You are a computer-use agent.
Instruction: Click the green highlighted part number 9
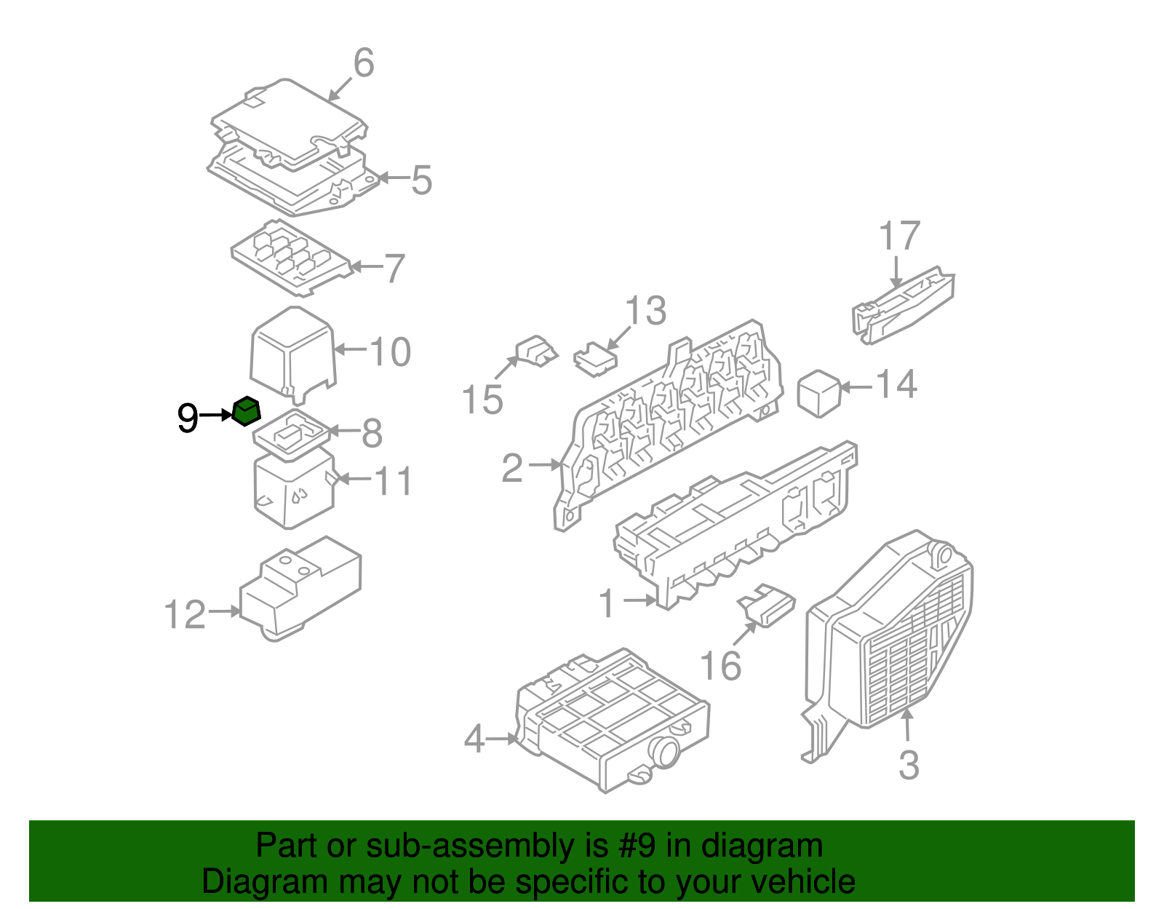coord(247,412)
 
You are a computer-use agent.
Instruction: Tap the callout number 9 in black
coord(188,418)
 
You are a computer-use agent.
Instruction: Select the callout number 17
coord(899,236)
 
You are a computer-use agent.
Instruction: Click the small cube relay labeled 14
coord(819,394)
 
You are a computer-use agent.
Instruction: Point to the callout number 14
coord(896,384)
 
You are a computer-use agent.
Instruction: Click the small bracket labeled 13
coord(595,360)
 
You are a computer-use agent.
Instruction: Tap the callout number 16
coord(720,665)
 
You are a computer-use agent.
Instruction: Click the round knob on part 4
coord(664,752)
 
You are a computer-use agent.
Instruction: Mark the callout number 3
coord(909,765)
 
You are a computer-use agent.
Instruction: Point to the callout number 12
coord(185,615)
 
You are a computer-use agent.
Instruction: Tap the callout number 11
coord(393,481)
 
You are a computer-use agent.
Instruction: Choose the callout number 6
coord(363,63)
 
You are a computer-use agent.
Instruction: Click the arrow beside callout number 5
coord(393,178)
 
